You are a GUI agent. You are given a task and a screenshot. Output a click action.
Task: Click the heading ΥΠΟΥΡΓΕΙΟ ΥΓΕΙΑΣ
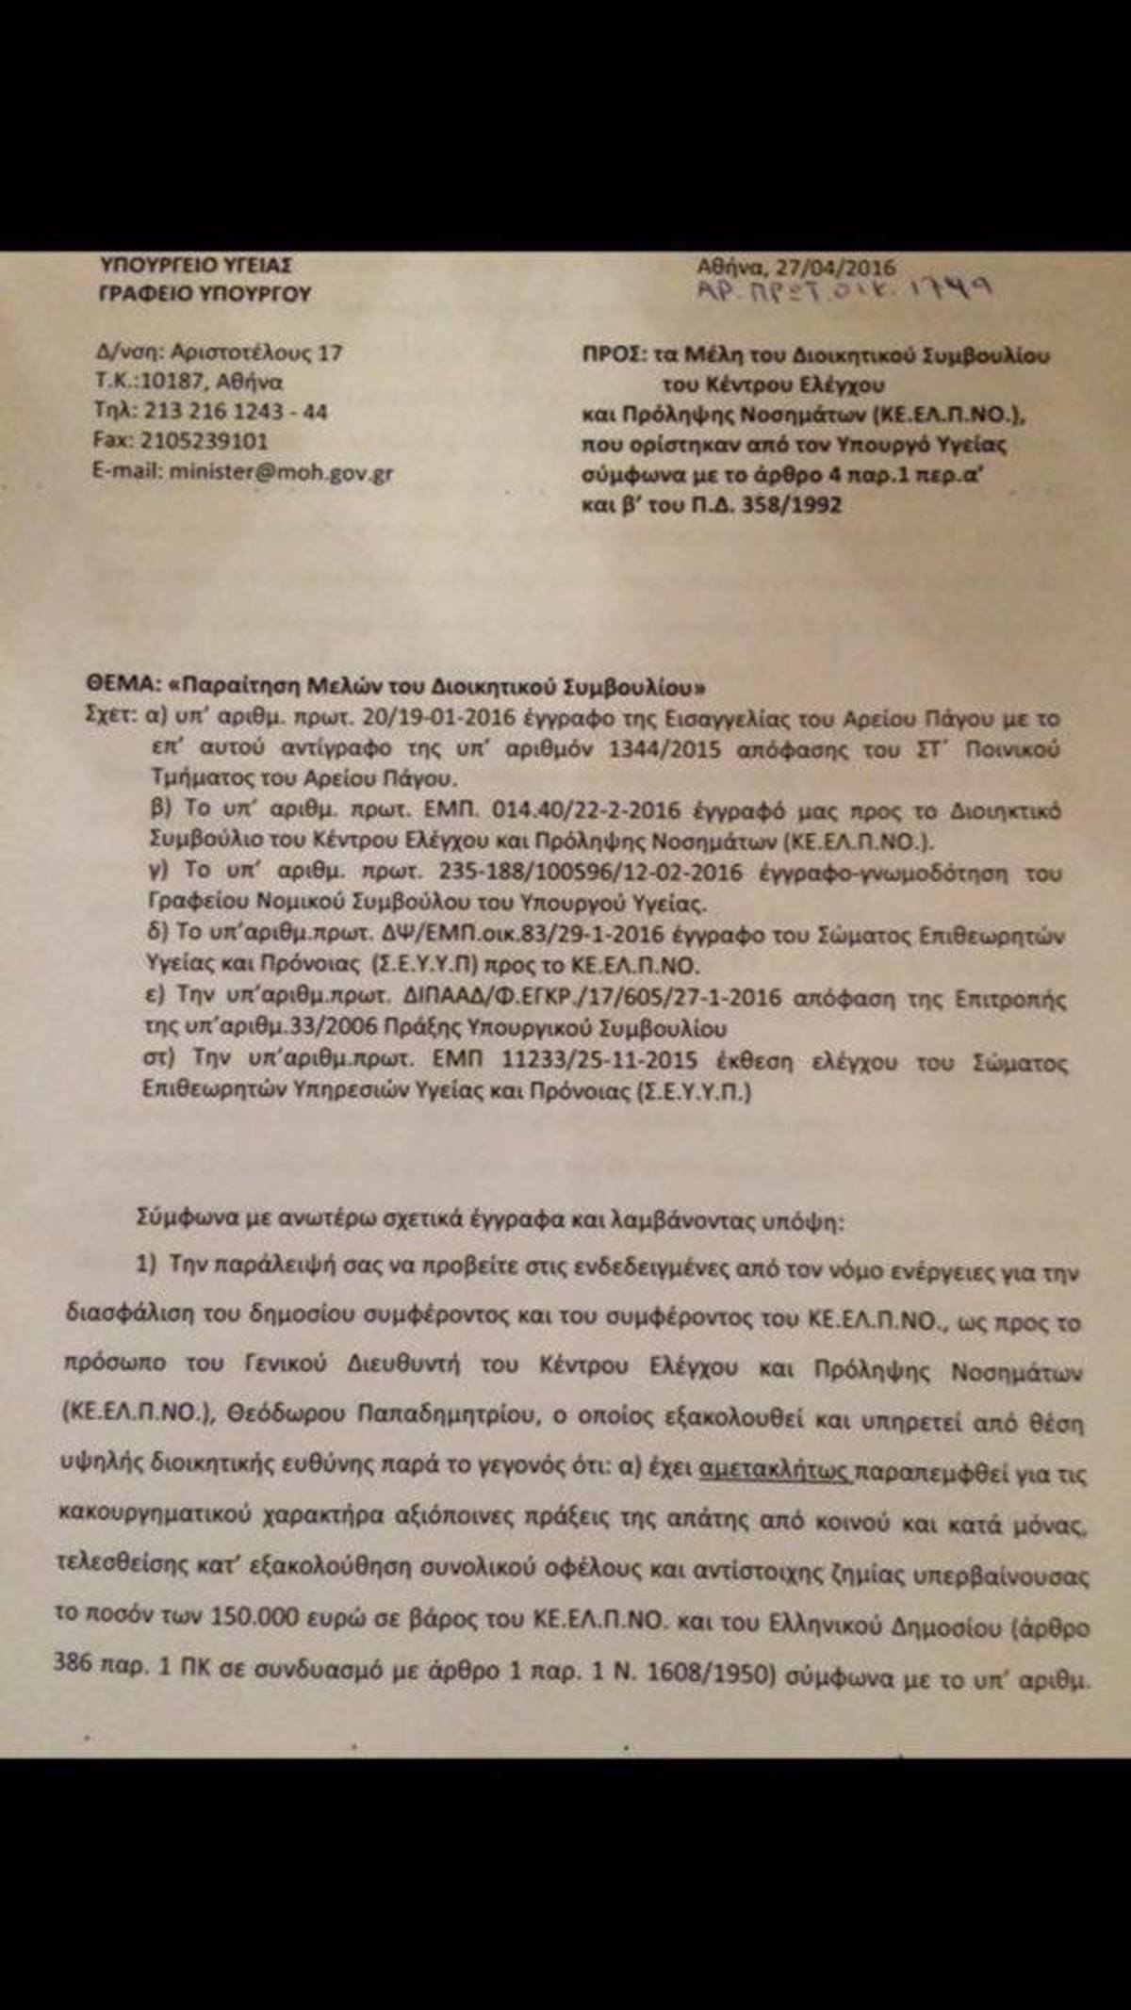point(196,265)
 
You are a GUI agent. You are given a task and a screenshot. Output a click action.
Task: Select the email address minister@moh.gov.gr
point(280,471)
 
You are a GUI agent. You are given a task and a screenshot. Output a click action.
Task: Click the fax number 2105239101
point(205,441)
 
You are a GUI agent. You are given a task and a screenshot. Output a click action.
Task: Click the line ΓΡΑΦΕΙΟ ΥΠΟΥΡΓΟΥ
point(205,293)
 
